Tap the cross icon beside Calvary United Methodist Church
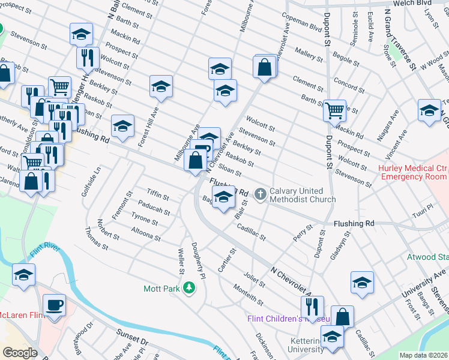260,194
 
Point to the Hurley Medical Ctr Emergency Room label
414,172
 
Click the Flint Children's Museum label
282,319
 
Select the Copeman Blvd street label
302,26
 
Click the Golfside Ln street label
95,193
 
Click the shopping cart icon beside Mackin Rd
334,110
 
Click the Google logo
20,353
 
